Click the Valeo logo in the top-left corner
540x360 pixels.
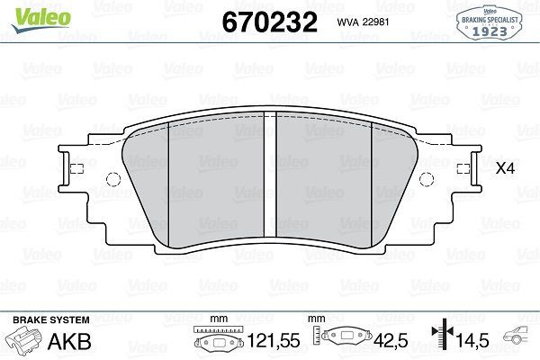(28, 12)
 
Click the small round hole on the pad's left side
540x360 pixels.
(112, 177)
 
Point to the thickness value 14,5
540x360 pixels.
(472, 342)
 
